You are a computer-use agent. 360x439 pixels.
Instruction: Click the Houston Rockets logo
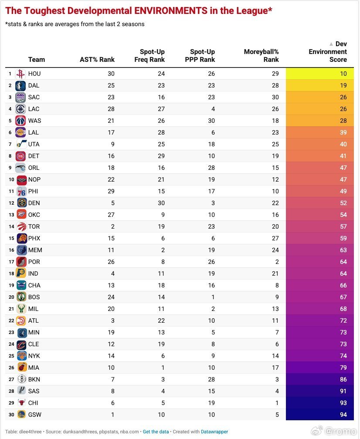[x=20, y=74]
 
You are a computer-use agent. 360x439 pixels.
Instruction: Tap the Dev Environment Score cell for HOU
[x=319, y=74]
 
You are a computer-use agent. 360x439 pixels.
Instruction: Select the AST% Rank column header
[x=97, y=60]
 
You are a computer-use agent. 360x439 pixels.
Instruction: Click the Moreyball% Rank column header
[x=261, y=56]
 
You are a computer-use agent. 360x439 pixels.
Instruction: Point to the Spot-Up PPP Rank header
[x=200, y=56]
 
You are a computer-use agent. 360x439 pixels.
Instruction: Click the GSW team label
[x=35, y=415]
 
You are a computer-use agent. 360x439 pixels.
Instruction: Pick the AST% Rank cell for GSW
[x=112, y=415]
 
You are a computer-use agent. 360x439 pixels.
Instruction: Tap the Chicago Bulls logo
[x=21, y=403]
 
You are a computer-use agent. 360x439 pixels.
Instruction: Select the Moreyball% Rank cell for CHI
[x=277, y=403]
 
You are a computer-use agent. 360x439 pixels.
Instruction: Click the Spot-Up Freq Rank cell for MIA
[x=163, y=368]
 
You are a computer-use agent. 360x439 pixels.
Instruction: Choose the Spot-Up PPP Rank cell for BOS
[x=213, y=297]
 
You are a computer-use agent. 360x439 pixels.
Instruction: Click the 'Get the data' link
[x=156, y=432]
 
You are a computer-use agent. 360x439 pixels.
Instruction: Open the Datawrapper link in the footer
[x=214, y=432]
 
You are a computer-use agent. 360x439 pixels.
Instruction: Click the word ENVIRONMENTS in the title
[x=170, y=10]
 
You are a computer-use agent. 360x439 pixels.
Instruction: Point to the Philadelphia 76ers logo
[x=21, y=191]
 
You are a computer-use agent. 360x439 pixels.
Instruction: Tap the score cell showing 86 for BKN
[x=319, y=379]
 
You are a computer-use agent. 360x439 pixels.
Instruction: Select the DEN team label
[x=34, y=203]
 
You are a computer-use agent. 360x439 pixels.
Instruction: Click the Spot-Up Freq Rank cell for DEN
[x=161, y=203]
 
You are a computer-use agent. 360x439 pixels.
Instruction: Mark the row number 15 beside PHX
[x=11, y=238]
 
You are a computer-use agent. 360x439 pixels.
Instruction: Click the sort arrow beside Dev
[x=331, y=44]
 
